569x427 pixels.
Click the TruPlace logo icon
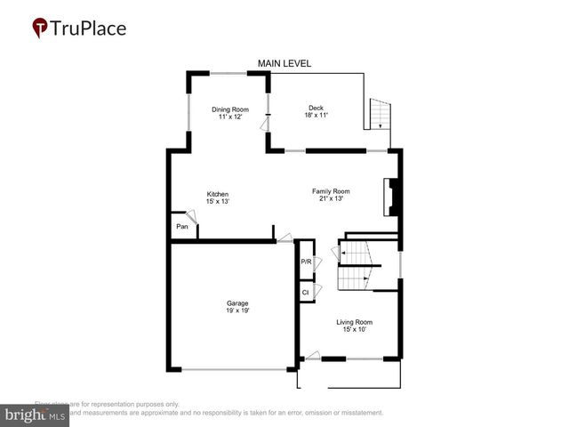[x=40, y=28]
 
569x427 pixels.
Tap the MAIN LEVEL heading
[x=284, y=63]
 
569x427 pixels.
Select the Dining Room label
[x=227, y=109]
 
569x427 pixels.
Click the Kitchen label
[x=218, y=194]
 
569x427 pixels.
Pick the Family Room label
[x=330, y=191]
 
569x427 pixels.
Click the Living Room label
[x=354, y=322]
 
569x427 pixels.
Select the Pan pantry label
[x=181, y=227]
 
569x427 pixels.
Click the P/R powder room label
[x=306, y=262]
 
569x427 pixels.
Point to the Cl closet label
[x=305, y=292]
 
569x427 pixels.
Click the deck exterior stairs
[x=380, y=113]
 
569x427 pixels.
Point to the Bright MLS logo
[x=35, y=415]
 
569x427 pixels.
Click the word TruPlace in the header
[x=89, y=28]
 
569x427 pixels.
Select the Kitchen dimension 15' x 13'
[x=218, y=202]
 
